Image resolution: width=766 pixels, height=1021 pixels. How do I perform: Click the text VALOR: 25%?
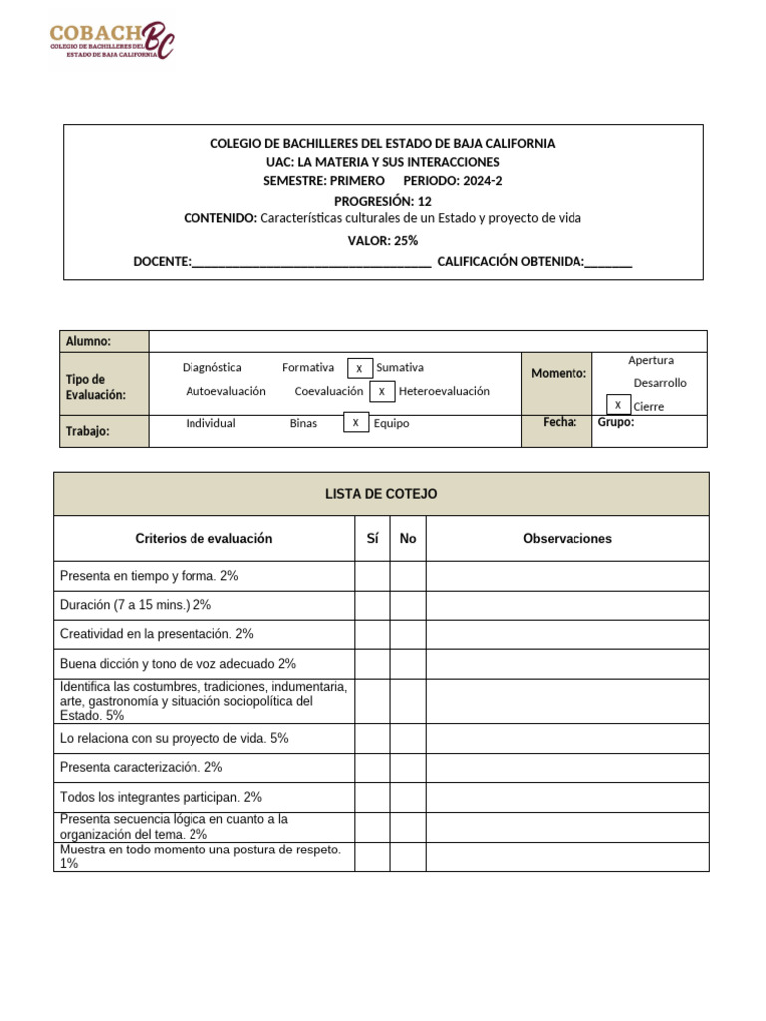[x=383, y=240]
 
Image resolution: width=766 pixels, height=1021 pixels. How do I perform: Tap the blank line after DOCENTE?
[x=310, y=262]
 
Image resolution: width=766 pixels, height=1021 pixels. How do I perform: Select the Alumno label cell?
[x=104, y=341]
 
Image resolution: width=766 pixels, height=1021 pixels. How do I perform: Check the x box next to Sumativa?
[x=359, y=368]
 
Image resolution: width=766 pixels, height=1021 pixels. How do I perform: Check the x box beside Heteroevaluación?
[x=382, y=391]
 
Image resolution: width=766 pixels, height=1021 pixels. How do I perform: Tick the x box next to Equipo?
[x=355, y=423]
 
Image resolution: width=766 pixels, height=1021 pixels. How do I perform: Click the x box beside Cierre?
[x=618, y=405]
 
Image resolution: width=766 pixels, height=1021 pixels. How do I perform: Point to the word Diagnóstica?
[x=211, y=368]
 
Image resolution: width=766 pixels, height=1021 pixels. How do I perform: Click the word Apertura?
[x=651, y=360]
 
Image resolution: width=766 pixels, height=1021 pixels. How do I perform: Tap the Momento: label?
[x=559, y=373]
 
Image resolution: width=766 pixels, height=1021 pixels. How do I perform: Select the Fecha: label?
[x=560, y=422]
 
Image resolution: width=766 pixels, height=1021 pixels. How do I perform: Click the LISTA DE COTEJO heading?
[x=381, y=494]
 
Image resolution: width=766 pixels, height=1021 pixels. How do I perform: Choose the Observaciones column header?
[x=568, y=539]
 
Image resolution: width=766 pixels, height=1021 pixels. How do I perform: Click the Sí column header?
[x=372, y=539]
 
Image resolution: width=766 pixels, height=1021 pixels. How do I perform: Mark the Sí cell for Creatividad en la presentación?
[x=372, y=634]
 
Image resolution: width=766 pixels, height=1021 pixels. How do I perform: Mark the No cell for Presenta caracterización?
[x=408, y=767]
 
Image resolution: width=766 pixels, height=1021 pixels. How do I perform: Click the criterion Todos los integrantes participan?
[x=161, y=797]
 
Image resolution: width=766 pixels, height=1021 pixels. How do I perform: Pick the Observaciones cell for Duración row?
[x=568, y=605]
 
